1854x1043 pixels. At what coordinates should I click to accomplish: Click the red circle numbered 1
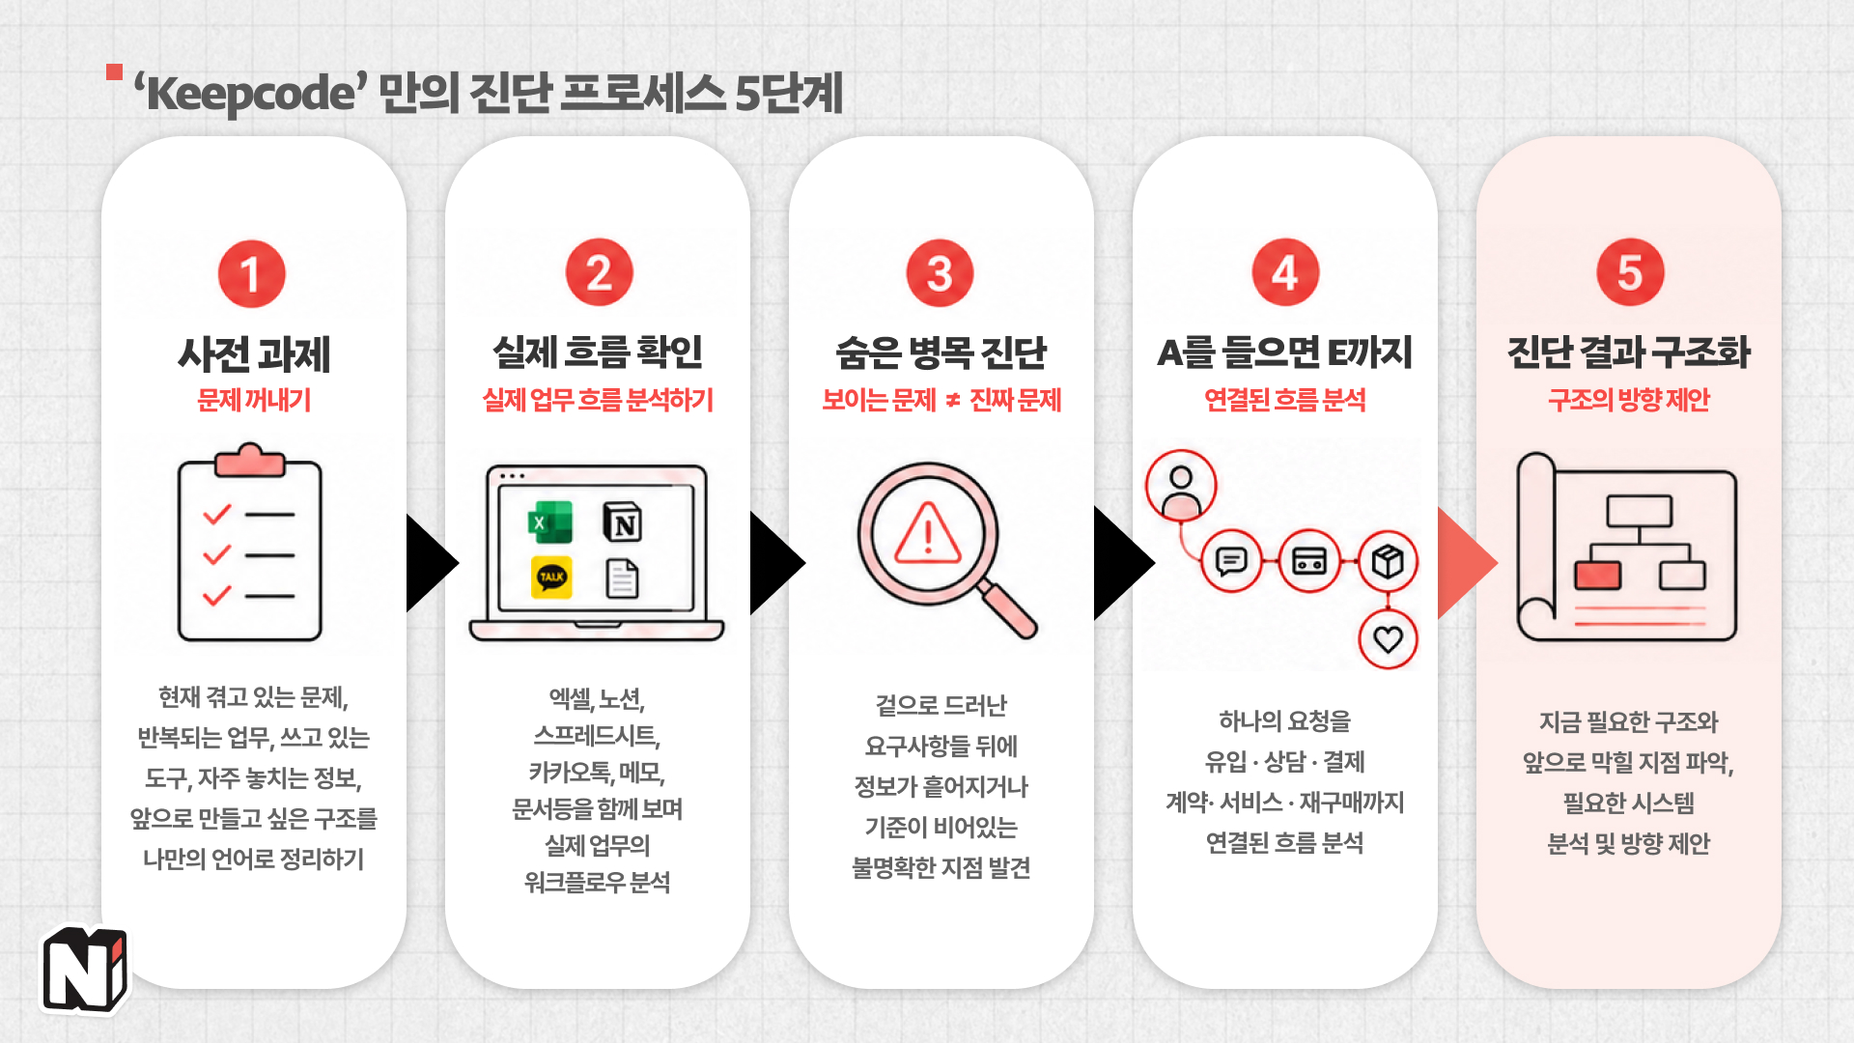251,274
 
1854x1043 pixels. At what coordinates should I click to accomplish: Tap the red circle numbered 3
940,273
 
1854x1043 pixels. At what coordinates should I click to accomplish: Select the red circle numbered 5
1630,272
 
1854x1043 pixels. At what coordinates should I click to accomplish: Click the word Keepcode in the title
250,95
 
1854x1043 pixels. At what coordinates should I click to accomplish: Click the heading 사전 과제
254,354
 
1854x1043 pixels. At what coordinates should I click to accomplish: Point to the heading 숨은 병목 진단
941,352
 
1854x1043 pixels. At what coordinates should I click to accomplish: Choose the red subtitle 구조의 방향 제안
1629,400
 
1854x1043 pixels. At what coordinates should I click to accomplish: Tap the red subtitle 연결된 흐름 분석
1284,400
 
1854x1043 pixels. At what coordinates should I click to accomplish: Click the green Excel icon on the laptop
550,522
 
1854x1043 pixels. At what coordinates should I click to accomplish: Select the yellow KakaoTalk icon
551,578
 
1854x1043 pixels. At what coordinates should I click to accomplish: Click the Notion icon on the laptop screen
623,522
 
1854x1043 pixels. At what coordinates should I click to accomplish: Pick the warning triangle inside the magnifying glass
928,533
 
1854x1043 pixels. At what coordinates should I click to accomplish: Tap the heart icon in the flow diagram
1388,638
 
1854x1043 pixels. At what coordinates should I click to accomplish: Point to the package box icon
1388,561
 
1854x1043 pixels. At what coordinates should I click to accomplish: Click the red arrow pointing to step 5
1466,563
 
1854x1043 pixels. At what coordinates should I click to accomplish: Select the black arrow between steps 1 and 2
431,563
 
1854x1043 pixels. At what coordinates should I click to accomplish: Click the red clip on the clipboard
250,461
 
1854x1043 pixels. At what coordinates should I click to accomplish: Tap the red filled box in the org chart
1598,576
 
